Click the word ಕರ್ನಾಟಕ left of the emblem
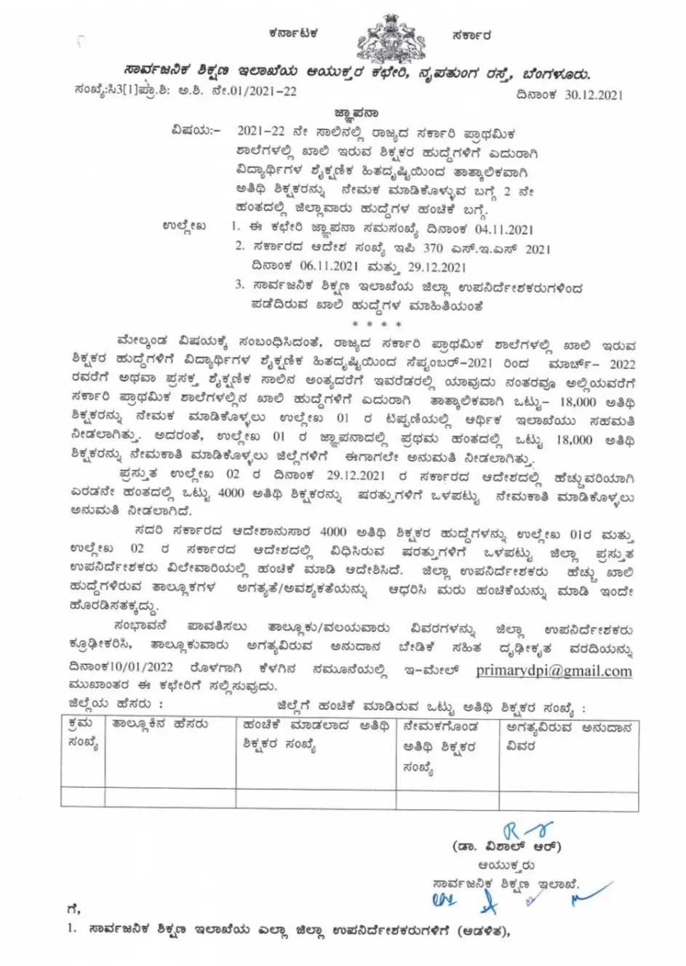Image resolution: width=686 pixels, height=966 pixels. coord(292,33)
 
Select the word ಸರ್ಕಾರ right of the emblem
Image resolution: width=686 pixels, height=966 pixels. coord(470,33)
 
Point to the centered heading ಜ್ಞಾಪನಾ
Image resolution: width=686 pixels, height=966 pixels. coord(356,113)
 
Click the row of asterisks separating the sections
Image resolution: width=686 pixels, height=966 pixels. coord(376,322)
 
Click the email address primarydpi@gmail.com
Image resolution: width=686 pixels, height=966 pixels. coord(554,671)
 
